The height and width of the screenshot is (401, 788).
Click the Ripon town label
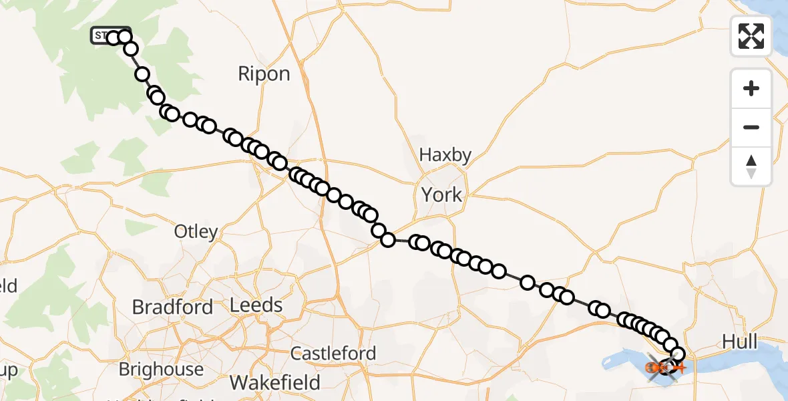(x=264, y=74)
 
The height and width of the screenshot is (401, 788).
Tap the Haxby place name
(x=445, y=155)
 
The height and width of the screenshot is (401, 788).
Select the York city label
(x=441, y=194)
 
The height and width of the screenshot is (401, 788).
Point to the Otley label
(x=196, y=232)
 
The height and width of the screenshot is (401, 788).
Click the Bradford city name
(x=172, y=307)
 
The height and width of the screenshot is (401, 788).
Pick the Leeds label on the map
(x=256, y=305)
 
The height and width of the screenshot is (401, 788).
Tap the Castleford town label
(x=333, y=353)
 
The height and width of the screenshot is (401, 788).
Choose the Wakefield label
(x=275, y=382)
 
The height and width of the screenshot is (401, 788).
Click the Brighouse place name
(x=161, y=369)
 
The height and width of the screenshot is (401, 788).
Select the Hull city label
(x=740, y=343)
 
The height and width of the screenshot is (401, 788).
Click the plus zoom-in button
(x=751, y=88)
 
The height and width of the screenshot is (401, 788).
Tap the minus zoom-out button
(x=751, y=127)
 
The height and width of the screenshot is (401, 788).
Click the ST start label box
(x=101, y=35)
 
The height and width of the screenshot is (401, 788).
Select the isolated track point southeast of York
(x=528, y=283)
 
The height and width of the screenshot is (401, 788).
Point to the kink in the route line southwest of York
(x=387, y=239)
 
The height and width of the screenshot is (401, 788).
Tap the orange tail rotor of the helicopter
(x=682, y=368)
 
